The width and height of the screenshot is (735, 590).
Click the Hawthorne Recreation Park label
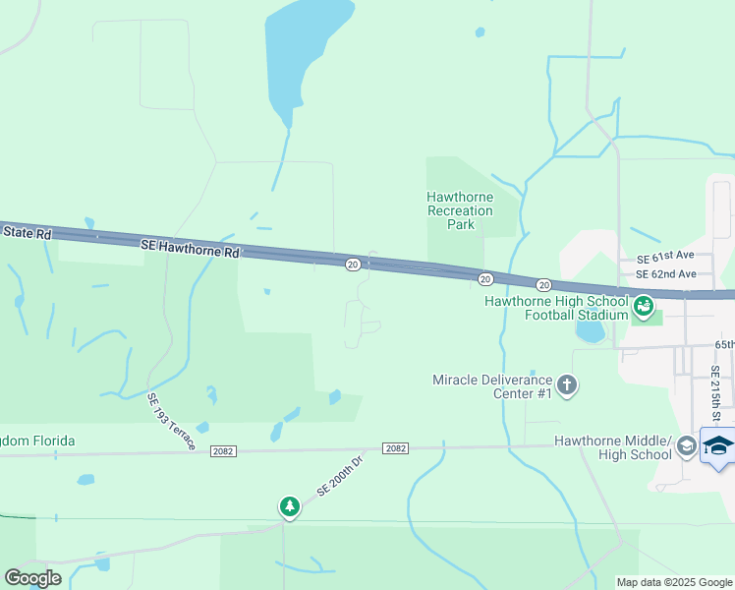click(460, 210)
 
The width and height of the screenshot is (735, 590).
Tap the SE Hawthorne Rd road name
click(190, 252)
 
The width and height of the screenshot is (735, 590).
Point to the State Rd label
click(25, 232)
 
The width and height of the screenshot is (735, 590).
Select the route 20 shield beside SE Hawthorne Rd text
click(352, 264)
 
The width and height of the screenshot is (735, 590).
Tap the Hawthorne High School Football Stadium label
click(556, 308)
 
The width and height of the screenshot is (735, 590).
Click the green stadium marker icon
click(644, 307)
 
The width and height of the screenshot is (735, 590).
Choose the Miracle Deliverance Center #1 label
click(491, 386)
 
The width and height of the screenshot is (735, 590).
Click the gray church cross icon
click(567, 385)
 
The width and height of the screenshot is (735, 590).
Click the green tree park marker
click(289, 506)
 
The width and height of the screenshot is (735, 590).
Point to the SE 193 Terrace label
click(171, 423)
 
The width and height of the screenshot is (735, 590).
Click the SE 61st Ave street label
click(665, 258)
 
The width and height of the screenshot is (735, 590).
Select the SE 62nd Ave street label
click(665, 274)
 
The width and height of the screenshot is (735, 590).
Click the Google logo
click(33, 577)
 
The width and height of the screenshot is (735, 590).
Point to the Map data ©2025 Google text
click(673, 582)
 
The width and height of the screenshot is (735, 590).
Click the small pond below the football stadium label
click(591, 332)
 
